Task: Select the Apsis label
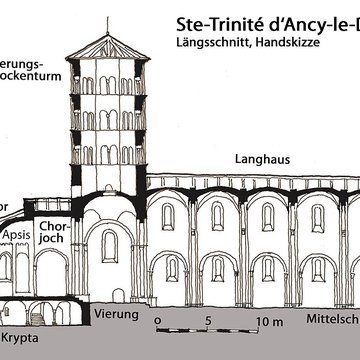coord(19,236)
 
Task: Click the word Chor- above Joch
coord(52,227)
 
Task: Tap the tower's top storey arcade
coord(105,82)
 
